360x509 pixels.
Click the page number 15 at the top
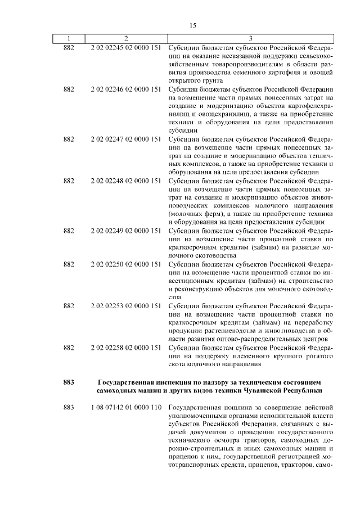[x=193, y=26]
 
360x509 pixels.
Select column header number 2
[x=126, y=39]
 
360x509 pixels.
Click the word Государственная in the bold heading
[x=127, y=382]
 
